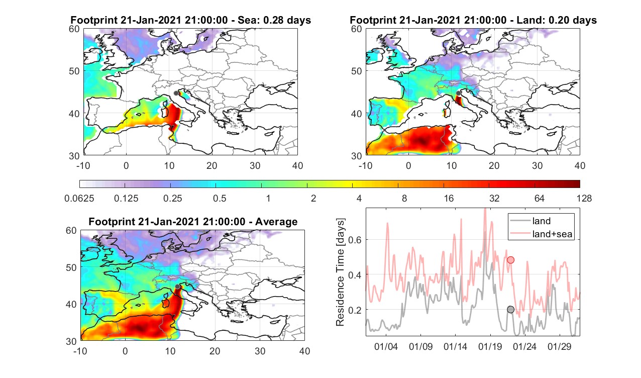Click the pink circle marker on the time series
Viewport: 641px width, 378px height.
pos(510,260)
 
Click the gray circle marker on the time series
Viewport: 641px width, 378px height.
pos(510,310)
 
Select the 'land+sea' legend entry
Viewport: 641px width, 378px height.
pos(542,234)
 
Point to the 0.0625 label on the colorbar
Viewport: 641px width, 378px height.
pos(79,199)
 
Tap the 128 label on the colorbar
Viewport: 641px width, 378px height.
pos(584,199)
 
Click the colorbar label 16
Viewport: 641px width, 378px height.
pos(449,199)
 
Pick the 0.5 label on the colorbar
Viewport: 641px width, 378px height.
pos(220,199)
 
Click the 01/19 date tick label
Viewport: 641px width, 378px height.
pos(490,347)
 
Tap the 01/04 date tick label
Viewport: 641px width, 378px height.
pos(386,347)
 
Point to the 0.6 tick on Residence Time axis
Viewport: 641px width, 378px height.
pos(355,240)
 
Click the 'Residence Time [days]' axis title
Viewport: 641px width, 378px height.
pos(340,272)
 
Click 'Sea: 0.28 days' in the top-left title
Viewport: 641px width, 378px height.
pos(274,20)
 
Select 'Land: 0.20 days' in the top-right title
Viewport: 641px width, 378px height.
pos(558,20)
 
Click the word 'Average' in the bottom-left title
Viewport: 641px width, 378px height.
pos(276,222)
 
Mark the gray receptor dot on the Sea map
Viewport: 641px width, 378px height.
pos(176,93)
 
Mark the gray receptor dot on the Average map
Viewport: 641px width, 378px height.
pos(177,287)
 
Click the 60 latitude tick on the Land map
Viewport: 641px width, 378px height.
pos(357,29)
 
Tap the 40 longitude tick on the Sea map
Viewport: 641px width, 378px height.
pos(297,166)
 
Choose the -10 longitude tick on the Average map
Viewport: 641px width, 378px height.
pos(80,351)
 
